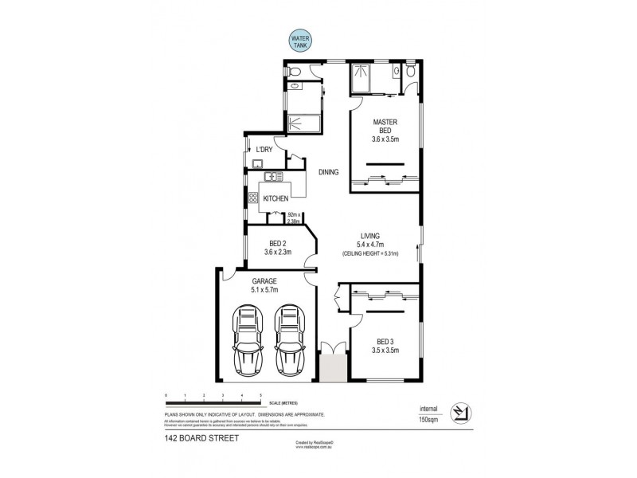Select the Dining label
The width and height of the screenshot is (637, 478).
click(329, 172)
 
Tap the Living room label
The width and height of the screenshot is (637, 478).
click(370, 236)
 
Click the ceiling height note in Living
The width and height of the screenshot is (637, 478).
click(369, 253)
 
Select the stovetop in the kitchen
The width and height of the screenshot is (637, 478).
click(253, 198)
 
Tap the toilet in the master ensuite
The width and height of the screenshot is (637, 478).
click(409, 72)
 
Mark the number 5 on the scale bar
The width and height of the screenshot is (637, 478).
click(261, 395)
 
